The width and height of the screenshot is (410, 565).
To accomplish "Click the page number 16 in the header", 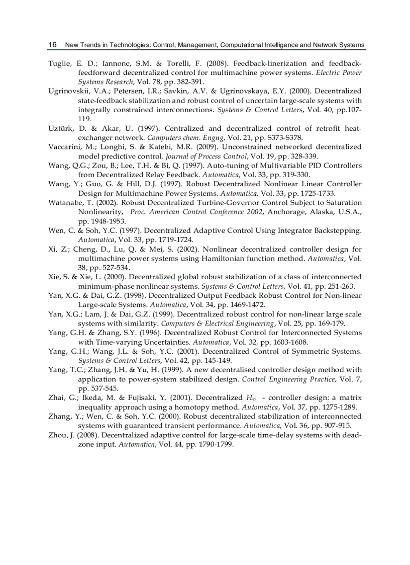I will [52, 45].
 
